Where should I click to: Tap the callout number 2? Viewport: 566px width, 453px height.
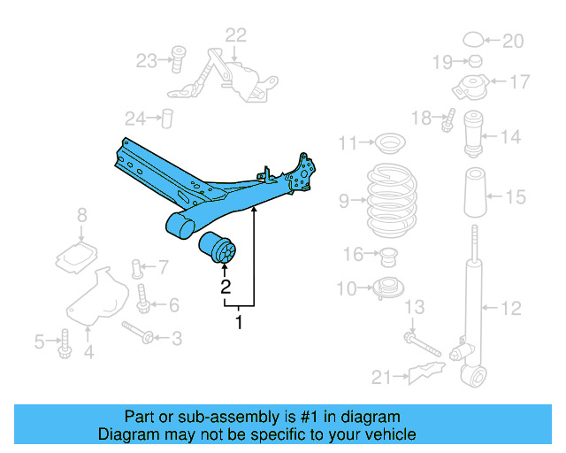pos(226,287)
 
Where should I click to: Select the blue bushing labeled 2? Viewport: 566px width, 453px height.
pos(218,249)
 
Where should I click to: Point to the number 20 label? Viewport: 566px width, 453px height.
pos(513,41)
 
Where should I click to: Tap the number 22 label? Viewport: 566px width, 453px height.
pos(235,35)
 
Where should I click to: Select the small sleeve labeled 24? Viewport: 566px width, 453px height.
pos(165,119)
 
